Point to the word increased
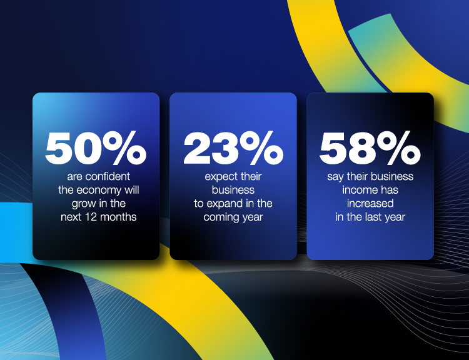[x=370, y=204]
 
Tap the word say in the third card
[x=336, y=177]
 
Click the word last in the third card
[x=371, y=217]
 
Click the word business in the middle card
[x=233, y=191]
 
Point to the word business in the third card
[x=394, y=177]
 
